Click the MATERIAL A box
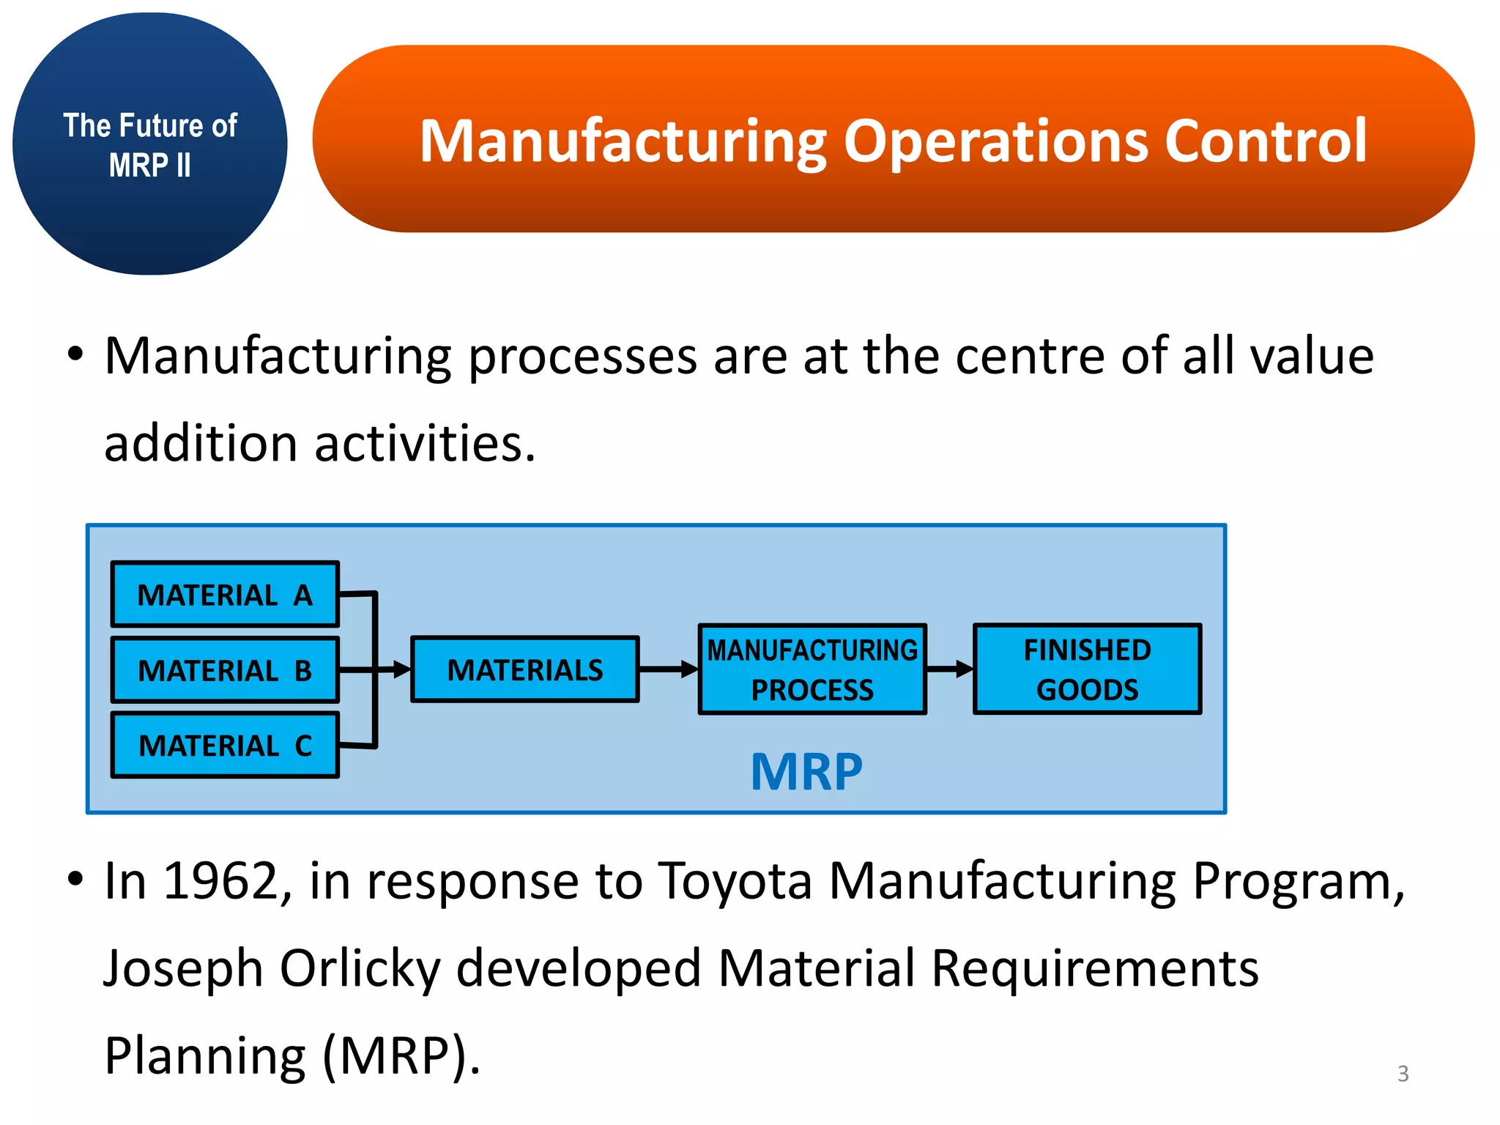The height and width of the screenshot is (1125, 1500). coord(225,595)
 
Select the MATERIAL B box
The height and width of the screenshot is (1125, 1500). coord(225,670)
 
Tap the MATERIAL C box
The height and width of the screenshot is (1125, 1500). coord(225,746)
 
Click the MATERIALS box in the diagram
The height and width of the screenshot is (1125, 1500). coord(525,669)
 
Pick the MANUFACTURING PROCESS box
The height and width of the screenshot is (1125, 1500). coord(812,669)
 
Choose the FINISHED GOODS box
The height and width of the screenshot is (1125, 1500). coord(1087,669)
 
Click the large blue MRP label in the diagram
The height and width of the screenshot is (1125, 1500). coord(806,772)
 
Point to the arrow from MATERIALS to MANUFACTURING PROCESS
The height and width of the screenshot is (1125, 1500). coord(668,669)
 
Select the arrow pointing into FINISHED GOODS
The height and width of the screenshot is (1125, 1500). coord(950,669)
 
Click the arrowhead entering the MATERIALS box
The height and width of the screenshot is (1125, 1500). coord(401,669)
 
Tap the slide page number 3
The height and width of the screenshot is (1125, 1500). coord(1403,1074)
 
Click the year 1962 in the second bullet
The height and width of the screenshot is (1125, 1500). coord(220,880)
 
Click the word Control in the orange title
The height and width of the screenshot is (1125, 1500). coord(1266,141)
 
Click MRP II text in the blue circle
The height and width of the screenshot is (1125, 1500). coord(149,166)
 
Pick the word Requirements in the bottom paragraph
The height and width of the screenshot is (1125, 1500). coord(1094,968)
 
